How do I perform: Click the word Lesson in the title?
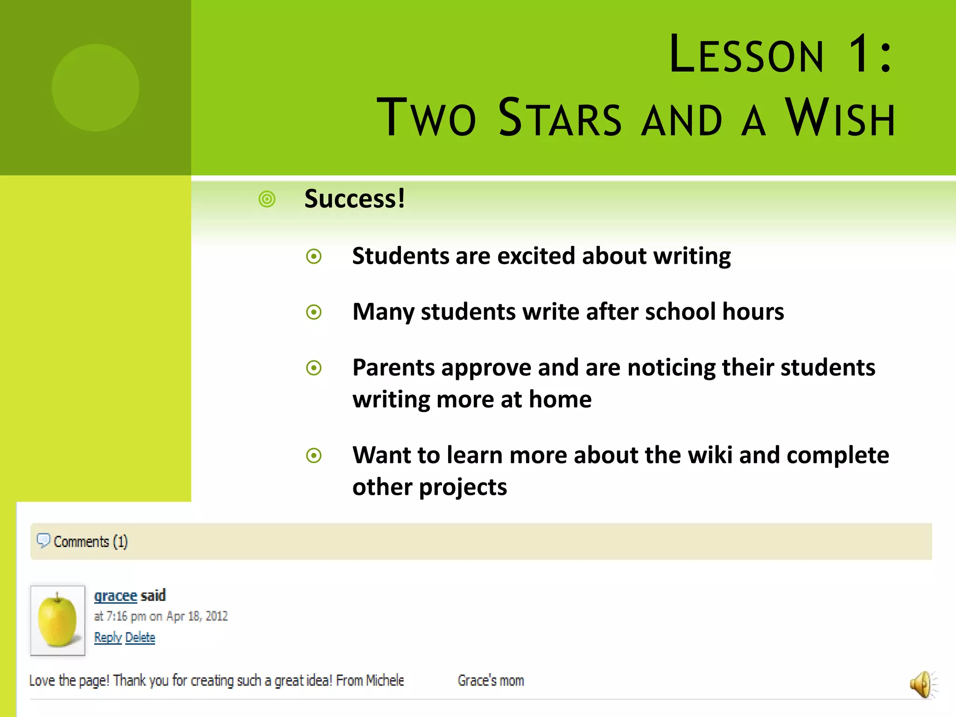pyautogui.click(x=746, y=55)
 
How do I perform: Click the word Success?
pyautogui.click(x=355, y=199)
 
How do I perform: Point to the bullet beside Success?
pyautogui.click(x=267, y=199)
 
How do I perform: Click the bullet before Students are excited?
pyautogui.click(x=314, y=256)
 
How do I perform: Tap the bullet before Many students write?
pyautogui.click(x=314, y=312)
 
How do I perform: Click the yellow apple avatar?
pyautogui.click(x=57, y=620)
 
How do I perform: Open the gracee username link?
pyautogui.click(x=115, y=596)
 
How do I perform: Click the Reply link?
pyautogui.click(x=107, y=638)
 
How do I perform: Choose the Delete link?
pyautogui.click(x=140, y=638)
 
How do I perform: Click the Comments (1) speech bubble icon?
pyautogui.click(x=43, y=541)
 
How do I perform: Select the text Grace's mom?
pyautogui.click(x=491, y=681)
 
